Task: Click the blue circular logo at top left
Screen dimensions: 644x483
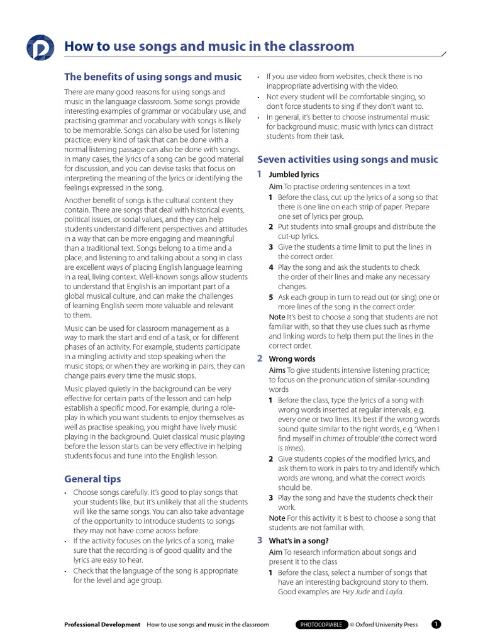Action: [41, 47]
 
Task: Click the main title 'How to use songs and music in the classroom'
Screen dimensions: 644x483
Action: [209, 47]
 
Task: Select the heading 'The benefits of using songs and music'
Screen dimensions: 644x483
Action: [153, 77]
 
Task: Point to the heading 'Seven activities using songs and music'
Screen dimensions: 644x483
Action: [348, 159]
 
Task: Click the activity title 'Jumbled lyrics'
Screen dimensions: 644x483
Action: [294, 175]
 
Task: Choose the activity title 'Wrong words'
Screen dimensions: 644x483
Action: [292, 359]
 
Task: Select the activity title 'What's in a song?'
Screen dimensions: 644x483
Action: [299, 541]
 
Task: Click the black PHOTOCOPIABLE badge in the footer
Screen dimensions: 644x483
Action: [321, 625]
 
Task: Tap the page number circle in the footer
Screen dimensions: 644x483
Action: [436, 625]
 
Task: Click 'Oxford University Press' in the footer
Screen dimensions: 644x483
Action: [386, 625]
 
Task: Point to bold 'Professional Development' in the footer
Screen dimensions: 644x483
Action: [103, 625]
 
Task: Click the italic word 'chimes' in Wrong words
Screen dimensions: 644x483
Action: [334, 438]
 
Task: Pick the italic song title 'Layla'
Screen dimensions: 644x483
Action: [394, 592]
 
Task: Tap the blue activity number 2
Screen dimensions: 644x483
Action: [260, 358]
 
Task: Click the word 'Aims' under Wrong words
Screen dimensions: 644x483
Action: [277, 370]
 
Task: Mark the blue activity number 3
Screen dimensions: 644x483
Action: [260, 540]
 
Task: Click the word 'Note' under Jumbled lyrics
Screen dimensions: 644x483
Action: [277, 317]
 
